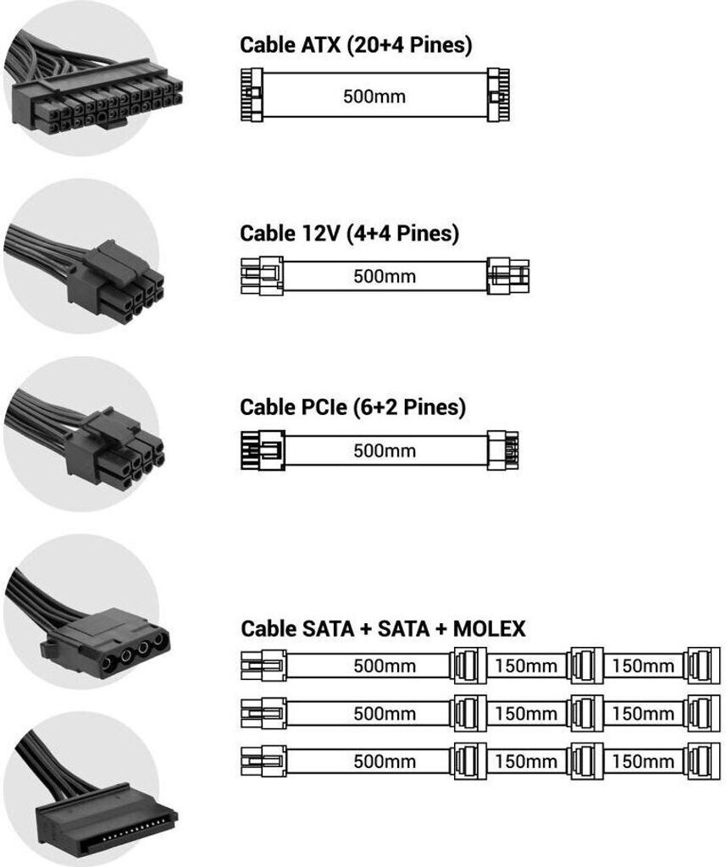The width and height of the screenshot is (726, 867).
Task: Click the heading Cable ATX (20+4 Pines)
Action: pos(356,45)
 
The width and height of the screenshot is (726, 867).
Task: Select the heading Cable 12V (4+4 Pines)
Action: pos(349,234)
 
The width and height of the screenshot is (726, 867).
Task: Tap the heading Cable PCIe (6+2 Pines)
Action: pos(352,407)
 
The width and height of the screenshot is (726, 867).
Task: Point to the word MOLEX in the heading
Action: pos(489,629)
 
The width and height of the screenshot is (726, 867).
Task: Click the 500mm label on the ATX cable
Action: pos(374,97)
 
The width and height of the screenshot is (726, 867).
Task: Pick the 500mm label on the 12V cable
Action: pos(385,276)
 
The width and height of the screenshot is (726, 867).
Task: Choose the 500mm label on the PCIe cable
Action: pos(385,450)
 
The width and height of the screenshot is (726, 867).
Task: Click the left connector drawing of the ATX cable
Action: pos(252,95)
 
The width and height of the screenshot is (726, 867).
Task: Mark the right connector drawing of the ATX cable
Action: pos(498,95)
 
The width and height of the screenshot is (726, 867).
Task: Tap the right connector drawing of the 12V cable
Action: pos(508,276)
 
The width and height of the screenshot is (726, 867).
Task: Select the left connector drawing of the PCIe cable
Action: pos(263,450)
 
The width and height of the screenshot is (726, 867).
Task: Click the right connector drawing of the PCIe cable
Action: pos(503,450)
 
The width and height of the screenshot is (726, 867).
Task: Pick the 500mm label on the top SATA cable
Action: pos(385,665)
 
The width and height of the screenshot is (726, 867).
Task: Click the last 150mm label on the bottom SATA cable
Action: pos(643,761)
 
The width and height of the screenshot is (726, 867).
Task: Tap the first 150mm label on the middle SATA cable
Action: pos(526,713)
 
